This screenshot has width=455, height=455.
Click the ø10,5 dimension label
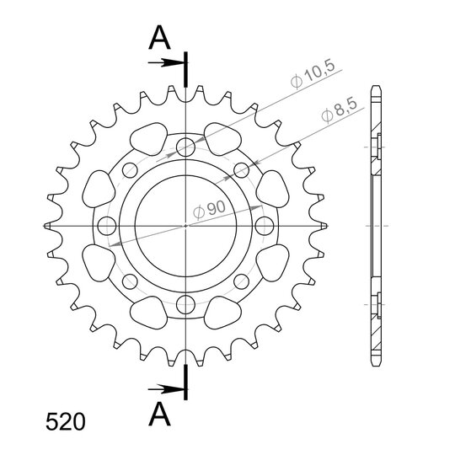(313, 73)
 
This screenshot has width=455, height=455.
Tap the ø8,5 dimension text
(339, 111)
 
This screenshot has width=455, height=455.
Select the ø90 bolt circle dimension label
(209, 210)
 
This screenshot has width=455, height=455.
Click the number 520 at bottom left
(66, 422)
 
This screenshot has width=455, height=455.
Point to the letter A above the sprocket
(159, 38)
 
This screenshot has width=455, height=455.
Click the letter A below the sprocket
(159, 414)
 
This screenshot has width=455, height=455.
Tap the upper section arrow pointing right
(166, 62)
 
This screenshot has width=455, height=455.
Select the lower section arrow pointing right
(166, 389)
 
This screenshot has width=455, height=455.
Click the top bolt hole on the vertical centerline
(185, 147)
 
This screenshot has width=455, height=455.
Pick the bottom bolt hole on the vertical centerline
(185, 304)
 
